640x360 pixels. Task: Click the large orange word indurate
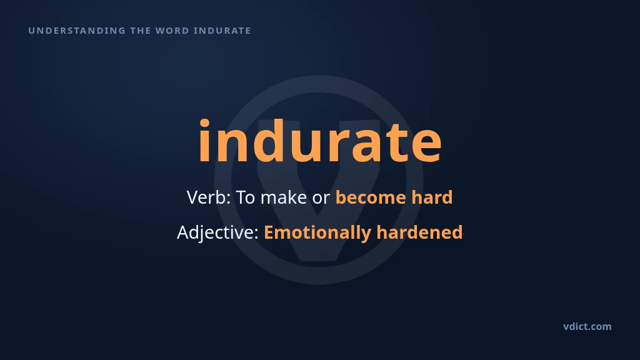pyautogui.click(x=320, y=141)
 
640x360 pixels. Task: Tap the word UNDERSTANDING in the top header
pyautogui.click(x=77, y=31)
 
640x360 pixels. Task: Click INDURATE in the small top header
pyautogui.click(x=222, y=31)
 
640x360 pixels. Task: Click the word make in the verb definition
pyautogui.click(x=284, y=197)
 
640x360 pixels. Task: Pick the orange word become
pyautogui.click(x=371, y=197)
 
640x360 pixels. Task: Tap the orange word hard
pyautogui.click(x=432, y=197)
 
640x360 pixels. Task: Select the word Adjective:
pyautogui.click(x=218, y=232)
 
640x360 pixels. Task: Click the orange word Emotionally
pyautogui.click(x=317, y=232)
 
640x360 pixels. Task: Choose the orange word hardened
pyautogui.click(x=419, y=232)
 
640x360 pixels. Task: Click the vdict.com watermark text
pyautogui.click(x=587, y=326)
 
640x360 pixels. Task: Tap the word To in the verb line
pyautogui.click(x=246, y=197)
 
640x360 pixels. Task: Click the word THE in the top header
pyautogui.click(x=141, y=31)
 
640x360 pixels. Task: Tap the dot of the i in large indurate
pyautogui.click(x=204, y=122)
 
